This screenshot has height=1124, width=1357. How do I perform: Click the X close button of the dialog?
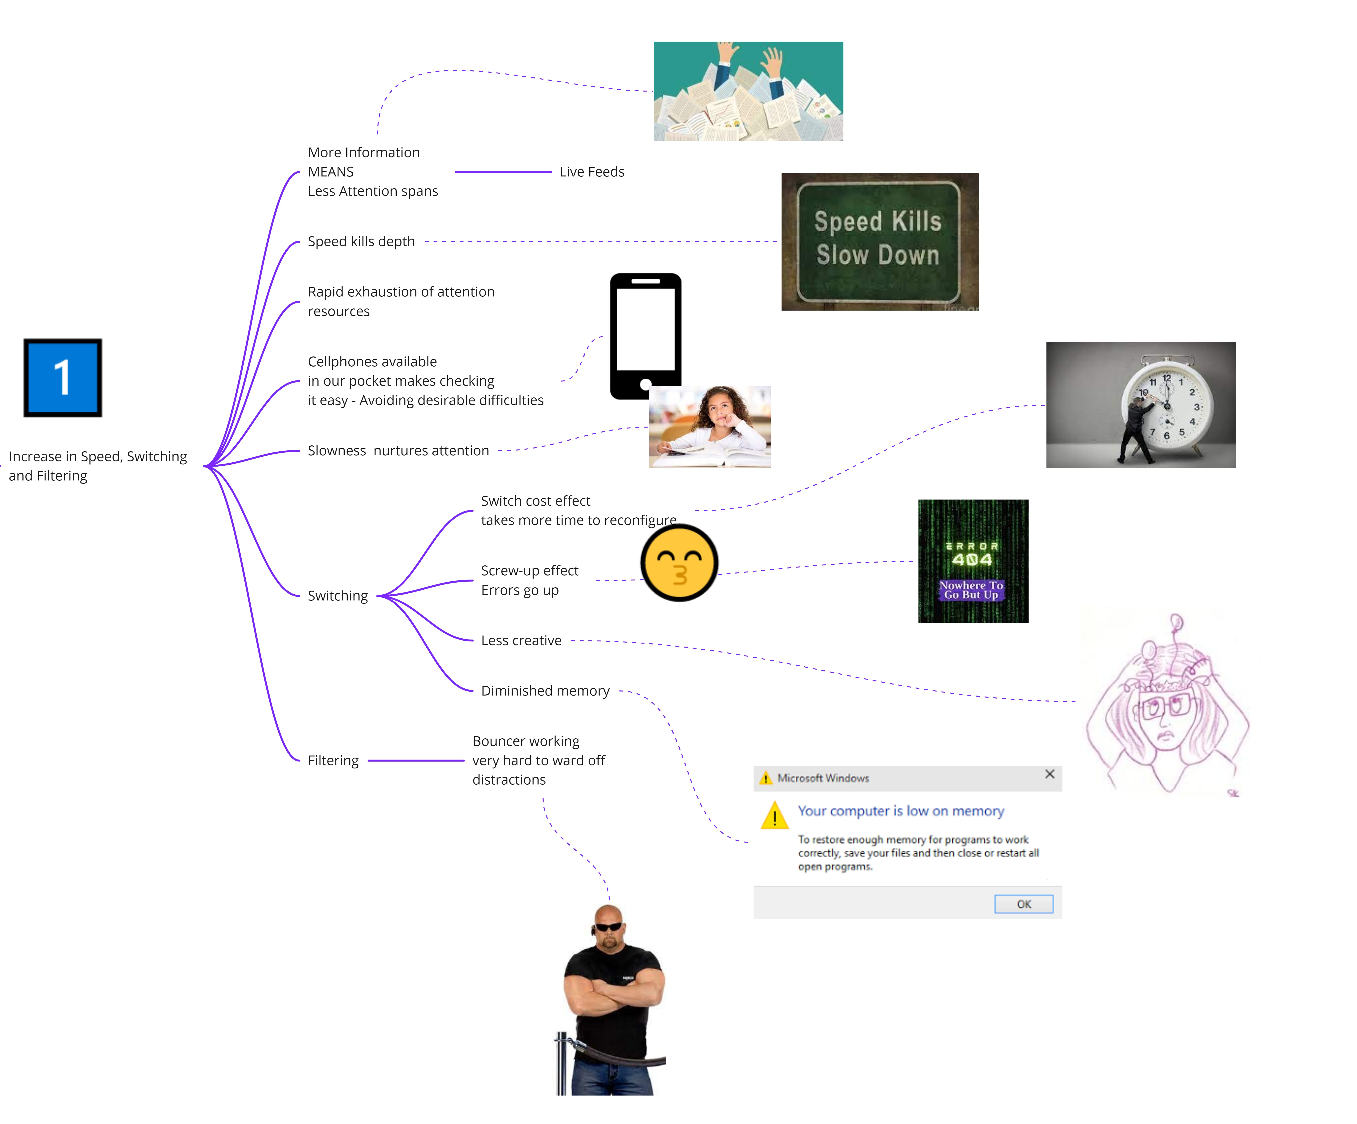(x=1050, y=774)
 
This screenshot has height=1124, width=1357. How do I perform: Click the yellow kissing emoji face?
(x=679, y=563)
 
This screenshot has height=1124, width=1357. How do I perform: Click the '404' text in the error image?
(x=972, y=560)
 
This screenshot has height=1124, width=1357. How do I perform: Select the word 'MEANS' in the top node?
(x=331, y=172)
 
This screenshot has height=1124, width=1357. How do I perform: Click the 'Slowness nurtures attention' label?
(x=398, y=451)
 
